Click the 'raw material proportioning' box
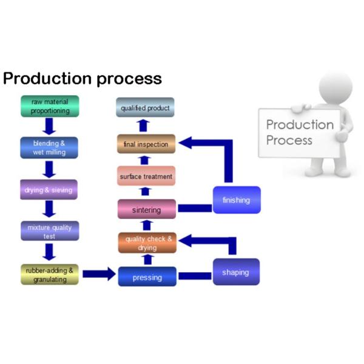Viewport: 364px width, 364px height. coord(50,107)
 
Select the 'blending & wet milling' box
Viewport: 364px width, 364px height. coord(50,148)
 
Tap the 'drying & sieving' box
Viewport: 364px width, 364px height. coord(50,190)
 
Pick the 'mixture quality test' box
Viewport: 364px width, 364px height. coord(50,231)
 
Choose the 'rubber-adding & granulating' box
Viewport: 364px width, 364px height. coord(50,274)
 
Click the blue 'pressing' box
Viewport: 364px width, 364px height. coord(147,277)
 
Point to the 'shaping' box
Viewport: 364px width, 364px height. coord(235,272)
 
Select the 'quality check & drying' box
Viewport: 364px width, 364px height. coord(147,243)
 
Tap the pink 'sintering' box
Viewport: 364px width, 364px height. coord(147,210)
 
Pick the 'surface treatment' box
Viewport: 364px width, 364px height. coord(146,177)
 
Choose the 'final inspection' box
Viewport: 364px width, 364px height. coord(146,144)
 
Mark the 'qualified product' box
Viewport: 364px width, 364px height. coord(146,108)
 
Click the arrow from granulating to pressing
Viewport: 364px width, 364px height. coord(98,274)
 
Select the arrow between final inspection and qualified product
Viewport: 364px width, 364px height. coord(143,126)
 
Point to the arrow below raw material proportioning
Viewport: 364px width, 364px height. coord(50,127)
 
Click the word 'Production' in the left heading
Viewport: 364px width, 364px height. coord(46,79)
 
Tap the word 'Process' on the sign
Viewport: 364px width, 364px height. coord(289,140)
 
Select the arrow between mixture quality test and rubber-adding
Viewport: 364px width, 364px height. coord(50,252)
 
